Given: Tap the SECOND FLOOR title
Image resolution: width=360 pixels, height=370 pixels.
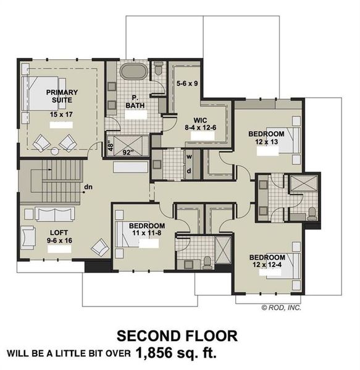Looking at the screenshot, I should click(177, 336).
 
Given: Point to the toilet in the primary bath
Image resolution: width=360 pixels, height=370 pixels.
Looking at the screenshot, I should click(158, 70).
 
